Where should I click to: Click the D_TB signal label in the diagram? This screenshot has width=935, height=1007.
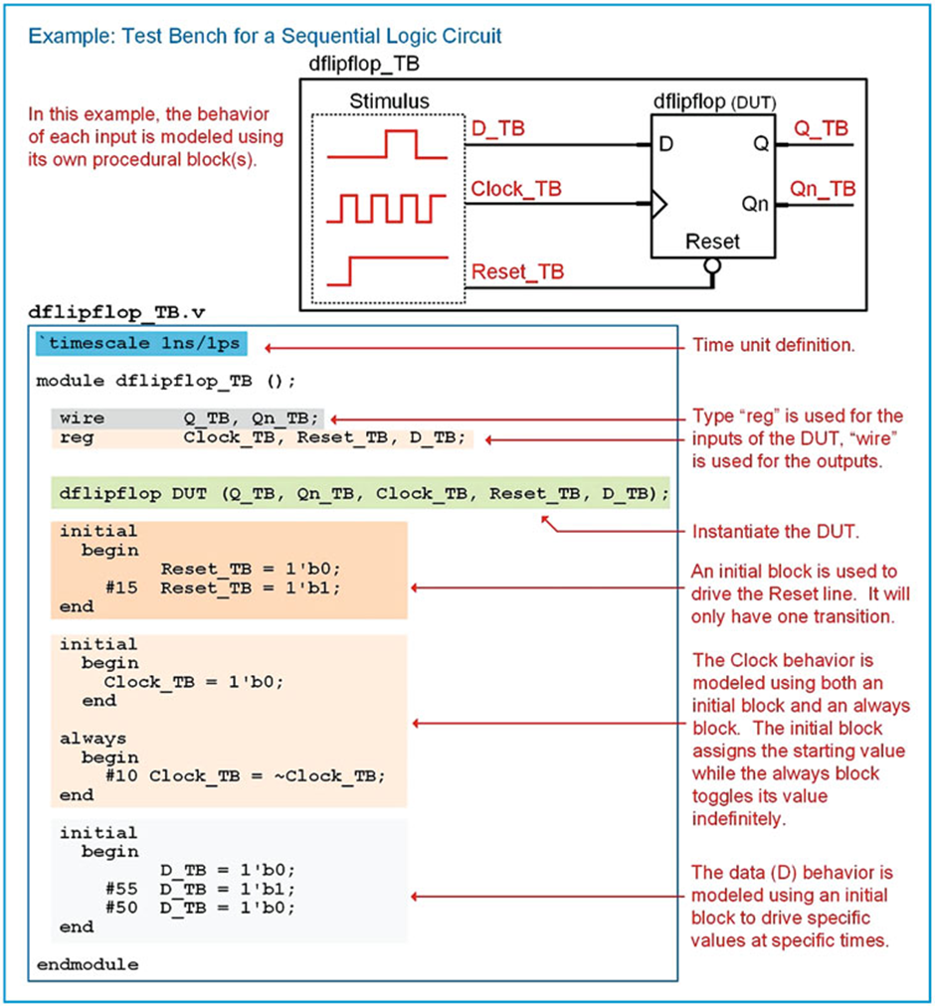(x=497, y=129)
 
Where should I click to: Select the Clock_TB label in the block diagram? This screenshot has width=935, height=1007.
(x=511, y=189)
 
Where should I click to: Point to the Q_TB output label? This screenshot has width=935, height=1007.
(x=821, y=128)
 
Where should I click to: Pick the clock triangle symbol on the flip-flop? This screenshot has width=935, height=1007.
(x=658, y=206)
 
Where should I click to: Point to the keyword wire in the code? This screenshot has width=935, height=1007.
(x=82, y=419)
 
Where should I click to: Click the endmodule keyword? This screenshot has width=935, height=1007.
(x=88, y=964)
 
